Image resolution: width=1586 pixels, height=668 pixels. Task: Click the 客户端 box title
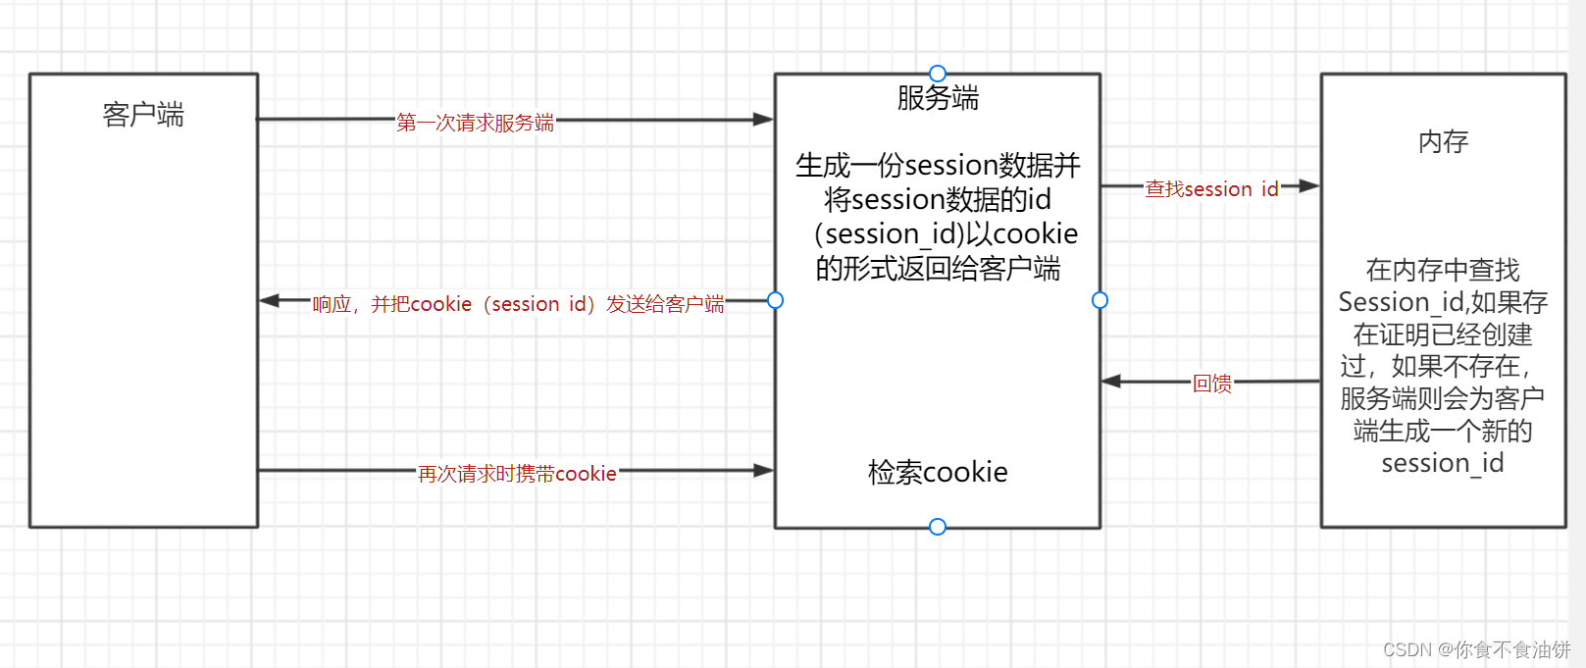(x=143, y=115)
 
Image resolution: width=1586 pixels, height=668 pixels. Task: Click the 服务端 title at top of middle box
(x=938, y=98)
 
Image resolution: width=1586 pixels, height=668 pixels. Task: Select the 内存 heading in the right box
(x=1443, y=142)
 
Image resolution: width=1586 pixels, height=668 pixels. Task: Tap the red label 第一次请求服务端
(x=475, y=123)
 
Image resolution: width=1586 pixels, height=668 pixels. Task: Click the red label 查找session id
(x=1211, y=188)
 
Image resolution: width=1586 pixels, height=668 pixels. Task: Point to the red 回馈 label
(x=1211, y=384)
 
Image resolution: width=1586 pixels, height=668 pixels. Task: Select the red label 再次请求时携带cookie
(x=517, y=474)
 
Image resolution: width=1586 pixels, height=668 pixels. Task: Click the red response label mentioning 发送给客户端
(x=518, y=304)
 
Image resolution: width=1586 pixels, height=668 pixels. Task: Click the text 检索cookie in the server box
(x=938, y=473)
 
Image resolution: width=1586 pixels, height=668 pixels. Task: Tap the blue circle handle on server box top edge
(x=938, y=74)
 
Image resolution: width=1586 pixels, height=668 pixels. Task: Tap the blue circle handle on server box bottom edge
(x=938, y=527)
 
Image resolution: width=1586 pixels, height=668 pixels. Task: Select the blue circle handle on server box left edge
(x=775, y=300)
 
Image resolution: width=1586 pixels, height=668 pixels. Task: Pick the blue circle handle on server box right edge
(x=1100, y=300)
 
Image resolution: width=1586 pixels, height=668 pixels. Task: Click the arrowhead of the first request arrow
(x=763, y=120)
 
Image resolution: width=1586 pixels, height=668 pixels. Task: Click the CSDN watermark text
(x=1476, y=649)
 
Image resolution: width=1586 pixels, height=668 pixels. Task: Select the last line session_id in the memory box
(x=1442, y=463)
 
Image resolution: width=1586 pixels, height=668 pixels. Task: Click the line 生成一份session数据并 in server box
(x=938, y=165)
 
